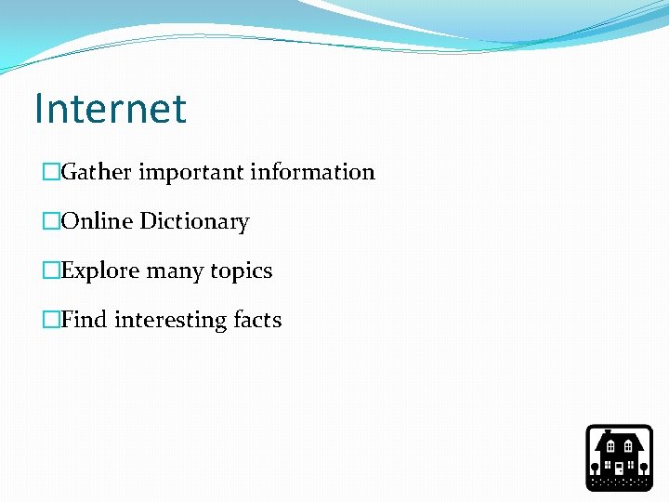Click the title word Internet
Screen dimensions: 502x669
pos(110,109)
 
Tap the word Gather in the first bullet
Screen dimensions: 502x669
pos(99,173)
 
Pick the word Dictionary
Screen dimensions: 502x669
pos(194,222)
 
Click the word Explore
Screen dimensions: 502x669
pos(100,271)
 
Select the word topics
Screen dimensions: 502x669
pos(241,271)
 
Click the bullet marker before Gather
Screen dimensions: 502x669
pos(51,173)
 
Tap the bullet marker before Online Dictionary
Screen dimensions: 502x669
pos(51,222)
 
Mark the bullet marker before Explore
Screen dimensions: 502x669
pos(51,271)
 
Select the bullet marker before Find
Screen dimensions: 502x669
pos(51,321)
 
